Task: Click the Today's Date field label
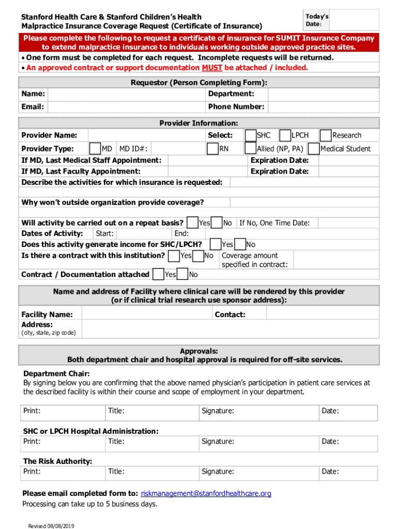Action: pyautogui.click(x=317, y=20)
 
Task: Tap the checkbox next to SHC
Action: pyautogui.click(x=251, y=135)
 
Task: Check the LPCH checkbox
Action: pyautogui.click(x=285, y=135)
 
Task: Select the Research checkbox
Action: pyautogui.click(x=326, y=135)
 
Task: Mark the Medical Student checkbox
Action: pyautogui.click(x=313, y=149)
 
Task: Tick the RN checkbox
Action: pyautogui.click(x=212, y=149)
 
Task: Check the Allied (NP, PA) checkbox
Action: pyautogui.click(x=251, y=149)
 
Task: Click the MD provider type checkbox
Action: pyautogui.click(x=95, y=149)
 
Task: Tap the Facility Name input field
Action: pyautogui.click(x=147, y=314)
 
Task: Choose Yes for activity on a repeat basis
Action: pyautogui.click(x=192, y=223)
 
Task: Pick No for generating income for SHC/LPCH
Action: pyautogui.click(x=240, y=244)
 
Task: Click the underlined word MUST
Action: pyautogui.click(x=212, y=68)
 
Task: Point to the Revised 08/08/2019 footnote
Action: pyautogui.click(x=51, y=525)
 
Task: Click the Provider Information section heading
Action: pyautogui.click(x=198, y=123)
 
